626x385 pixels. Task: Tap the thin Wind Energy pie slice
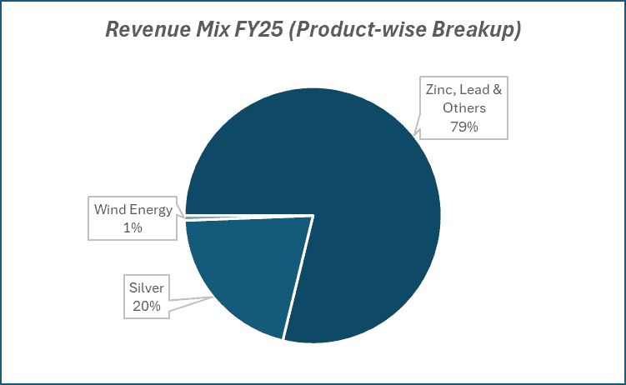[250, 217]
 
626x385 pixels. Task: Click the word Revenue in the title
[143, 30]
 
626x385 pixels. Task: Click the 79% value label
[465, 127]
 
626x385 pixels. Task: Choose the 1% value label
[133, 227]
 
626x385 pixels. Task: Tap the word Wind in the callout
[109, 209]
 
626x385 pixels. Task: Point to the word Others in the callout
[465, 107]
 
